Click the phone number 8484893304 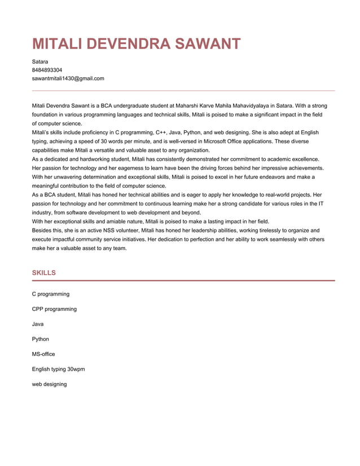tap(47, 70)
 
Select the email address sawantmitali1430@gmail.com tap(68, 78)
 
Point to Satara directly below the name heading tap(39, 61)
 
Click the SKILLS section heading tap(43, 273)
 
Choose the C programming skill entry tap(51, 294)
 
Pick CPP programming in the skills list tap(54, 309)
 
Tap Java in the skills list tap(38, 324)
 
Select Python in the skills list tap(40, 339)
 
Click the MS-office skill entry tap(43, 354)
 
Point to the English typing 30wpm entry tap(58, 370)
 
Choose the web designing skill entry tap(49, 384)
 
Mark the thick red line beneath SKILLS tap(183, 280)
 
